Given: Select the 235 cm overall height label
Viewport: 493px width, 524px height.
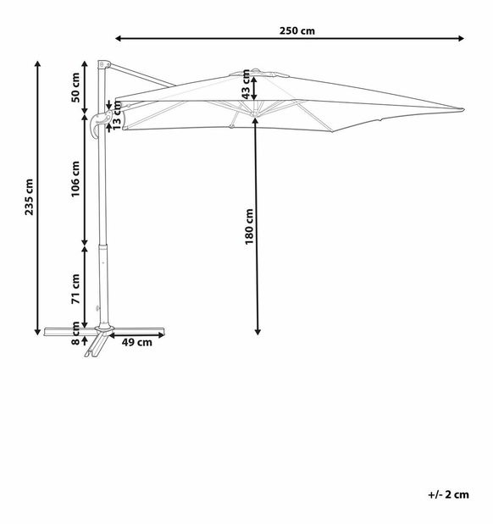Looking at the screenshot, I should click(30, 197).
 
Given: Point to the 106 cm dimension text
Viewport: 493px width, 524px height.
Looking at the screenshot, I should click(75, 180).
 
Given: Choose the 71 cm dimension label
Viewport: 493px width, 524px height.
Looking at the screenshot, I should click(75, 289).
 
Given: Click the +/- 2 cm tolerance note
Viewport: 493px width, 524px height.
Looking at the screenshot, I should click(448, 494).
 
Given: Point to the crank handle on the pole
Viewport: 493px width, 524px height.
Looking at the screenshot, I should click(97, 124).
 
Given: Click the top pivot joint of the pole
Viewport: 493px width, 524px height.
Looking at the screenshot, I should click(102, 65).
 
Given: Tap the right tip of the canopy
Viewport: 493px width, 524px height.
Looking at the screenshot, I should click(461, 109).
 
